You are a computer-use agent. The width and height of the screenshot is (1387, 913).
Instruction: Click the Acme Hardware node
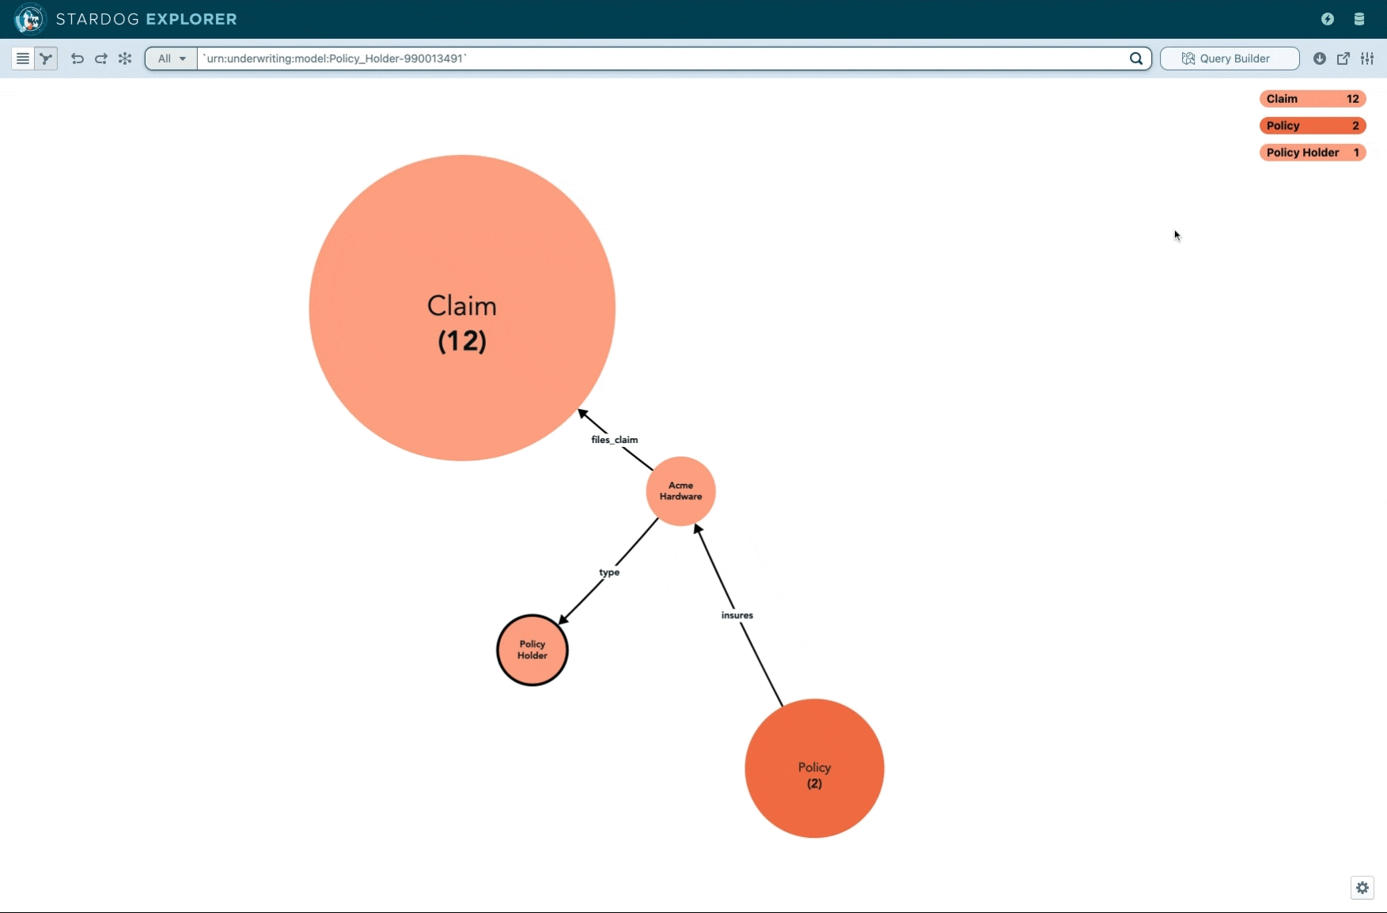680,491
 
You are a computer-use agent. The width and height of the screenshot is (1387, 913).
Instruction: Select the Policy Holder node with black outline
532,650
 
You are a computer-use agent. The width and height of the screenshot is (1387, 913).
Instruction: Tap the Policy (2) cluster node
814,768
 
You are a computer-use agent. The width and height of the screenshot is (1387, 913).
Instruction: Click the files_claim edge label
614,440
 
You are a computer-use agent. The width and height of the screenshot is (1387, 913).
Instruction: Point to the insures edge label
737,615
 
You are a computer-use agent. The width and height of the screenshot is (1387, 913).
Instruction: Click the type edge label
609,572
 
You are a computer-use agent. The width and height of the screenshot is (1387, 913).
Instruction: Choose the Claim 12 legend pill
1313,99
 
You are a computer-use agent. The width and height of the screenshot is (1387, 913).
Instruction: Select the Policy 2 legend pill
1313,126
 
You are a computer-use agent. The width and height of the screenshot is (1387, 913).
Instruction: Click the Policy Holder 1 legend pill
1313,153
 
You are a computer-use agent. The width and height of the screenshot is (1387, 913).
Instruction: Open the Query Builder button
1230,59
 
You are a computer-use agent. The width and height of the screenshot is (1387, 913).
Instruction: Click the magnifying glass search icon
1136,59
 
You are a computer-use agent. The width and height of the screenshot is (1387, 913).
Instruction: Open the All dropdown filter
172,59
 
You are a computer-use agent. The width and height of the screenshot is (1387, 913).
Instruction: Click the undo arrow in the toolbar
78,59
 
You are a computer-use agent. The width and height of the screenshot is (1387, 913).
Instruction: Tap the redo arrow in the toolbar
101,59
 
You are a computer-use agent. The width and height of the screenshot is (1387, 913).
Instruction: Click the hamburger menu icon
23,59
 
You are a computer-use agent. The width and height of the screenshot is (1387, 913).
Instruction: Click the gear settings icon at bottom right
1362,888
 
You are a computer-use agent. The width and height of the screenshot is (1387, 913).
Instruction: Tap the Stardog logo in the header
30,19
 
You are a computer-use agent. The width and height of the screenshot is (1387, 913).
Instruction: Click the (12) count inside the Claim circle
462,341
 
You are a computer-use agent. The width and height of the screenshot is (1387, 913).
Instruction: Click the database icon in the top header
1359,19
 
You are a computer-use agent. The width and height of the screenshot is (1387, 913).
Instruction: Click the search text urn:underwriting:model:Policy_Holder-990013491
335,59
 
